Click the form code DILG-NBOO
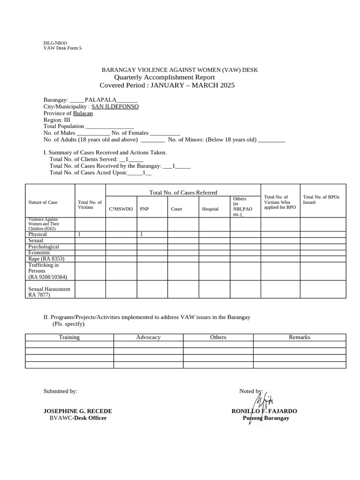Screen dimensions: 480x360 point(55,43)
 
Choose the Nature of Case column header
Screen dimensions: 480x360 point(43,202)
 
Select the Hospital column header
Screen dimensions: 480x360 point(210,209)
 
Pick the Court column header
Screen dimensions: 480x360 point(176,209)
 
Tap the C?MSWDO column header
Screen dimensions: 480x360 point(121,209)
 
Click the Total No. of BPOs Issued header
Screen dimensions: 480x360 point(321,200)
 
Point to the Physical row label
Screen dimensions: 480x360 point(37,234)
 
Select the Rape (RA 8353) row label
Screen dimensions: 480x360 point(46,259)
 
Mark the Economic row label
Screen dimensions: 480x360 point(39,253)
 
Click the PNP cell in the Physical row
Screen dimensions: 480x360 point(141,234)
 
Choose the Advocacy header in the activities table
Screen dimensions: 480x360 point(148,337)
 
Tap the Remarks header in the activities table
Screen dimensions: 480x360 point(300,337)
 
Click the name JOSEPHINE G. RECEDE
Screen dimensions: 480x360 point(78,411)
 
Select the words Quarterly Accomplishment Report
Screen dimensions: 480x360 point(165,77)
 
